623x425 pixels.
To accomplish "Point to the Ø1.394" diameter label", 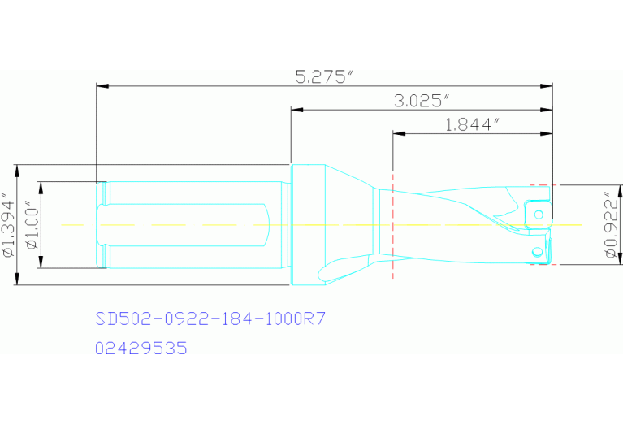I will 8,225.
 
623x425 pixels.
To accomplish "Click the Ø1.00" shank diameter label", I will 32,225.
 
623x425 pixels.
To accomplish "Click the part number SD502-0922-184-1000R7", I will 210,318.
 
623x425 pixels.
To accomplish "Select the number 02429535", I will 141,349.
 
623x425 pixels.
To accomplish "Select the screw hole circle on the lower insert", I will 536,251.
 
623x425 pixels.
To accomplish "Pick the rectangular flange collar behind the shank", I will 308,224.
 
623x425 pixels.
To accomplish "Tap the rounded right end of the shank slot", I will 268,224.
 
